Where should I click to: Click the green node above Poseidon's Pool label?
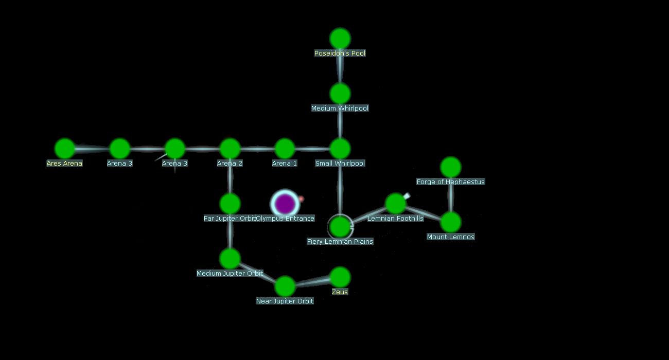[340, 39]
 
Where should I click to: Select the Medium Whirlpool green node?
[340, 94]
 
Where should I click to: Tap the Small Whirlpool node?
[340, 149]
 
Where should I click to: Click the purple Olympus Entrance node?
[285, 204]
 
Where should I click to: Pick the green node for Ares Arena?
[65, 149]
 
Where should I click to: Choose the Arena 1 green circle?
[285, 149]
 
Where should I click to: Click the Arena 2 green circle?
[230, 149]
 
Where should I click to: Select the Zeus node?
[340, 277]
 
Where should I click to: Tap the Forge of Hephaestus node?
[451, 167]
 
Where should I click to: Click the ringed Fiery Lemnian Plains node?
[340, 226]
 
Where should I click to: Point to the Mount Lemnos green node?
[451, 222]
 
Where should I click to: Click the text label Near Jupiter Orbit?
[285, 301]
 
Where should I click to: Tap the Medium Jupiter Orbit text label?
[230, 274]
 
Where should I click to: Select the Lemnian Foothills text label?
[395, 219]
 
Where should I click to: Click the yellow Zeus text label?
[340, 292]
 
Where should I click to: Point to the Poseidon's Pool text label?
[340, 53]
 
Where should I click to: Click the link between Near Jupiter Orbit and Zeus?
[312, 282]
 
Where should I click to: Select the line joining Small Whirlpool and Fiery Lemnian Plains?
[340, 188]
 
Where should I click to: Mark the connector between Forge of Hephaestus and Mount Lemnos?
[451, 195]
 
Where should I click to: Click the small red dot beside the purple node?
[301, 199]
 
